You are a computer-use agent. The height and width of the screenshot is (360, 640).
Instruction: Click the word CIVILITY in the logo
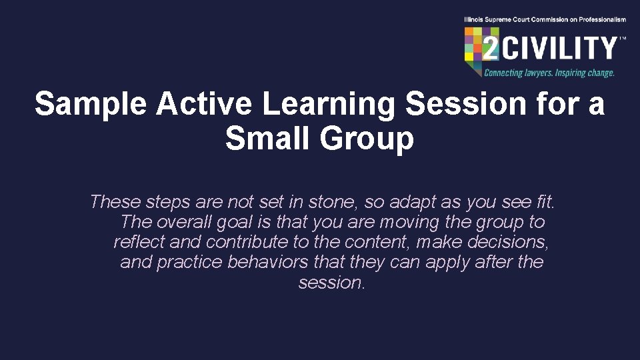tap(567, 49)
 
